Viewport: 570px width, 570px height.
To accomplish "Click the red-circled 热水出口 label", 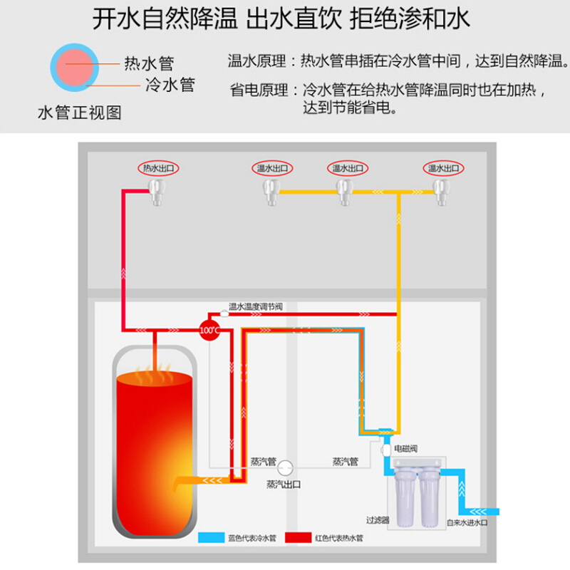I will (x=157, y=169).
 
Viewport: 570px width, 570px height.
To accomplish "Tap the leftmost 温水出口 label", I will (x=272, y=169).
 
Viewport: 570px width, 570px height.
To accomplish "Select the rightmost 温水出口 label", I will (x=443, y=169).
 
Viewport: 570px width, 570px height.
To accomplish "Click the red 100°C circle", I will (x=209, y=331).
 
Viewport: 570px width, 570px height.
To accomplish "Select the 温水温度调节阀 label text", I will (x=256, y=307).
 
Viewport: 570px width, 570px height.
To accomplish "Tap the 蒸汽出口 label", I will (x=284, y=484).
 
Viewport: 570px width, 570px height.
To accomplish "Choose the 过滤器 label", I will (x=378, y=521).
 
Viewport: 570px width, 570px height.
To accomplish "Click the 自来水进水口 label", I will (x=467, y=522).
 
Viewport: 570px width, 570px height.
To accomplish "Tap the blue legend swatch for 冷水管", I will (x=212, y=539).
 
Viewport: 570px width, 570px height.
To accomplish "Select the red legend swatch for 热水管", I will (x=299, y=539).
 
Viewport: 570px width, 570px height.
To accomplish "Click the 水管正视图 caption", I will (x=79, y=113).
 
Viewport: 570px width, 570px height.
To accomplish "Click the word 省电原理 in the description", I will (x=259, y=90).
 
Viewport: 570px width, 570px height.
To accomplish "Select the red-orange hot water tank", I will (x=152, y=442).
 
